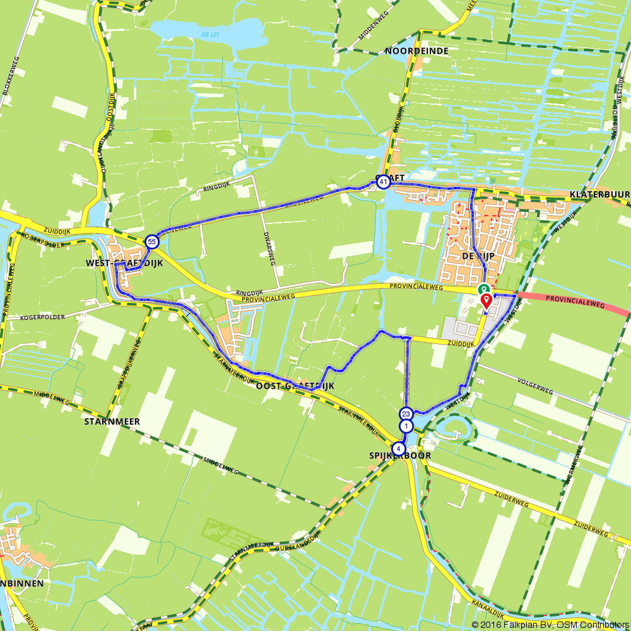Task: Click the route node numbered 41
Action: pos(383,182)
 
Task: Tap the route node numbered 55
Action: pos(151,242)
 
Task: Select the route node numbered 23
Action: pos(406,415)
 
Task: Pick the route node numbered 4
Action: pos(397,448)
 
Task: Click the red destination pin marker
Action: pos(486,300)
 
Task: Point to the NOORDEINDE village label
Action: pos(416,50)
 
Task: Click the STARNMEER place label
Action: pos(112,421)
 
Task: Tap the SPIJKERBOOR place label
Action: pos(400,456)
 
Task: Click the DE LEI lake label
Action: pos(210,33)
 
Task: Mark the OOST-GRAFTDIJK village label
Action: pos(295,386)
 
